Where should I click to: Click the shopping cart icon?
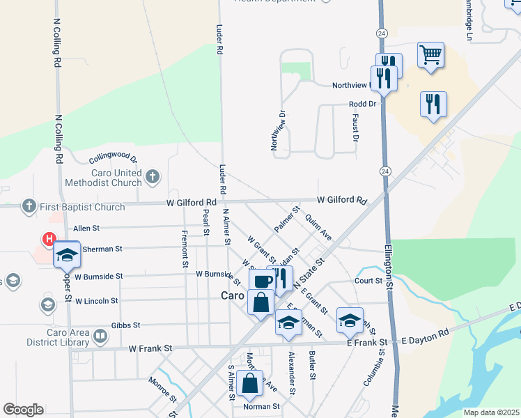pyautogui.click(x=431, y=54)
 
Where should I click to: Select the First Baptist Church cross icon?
pyautogui.click(x=29, y=206)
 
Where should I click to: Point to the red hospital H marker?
pyautogui.click(x=49, y=239)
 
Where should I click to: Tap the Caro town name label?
pyautogui.click(x=233, y=295)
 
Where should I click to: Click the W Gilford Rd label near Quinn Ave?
pyautogui.click(x=341, y=200)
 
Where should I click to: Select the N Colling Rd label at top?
pyautogui.click(x=58, y=42)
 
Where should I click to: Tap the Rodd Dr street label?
pyautogui.click(x=362, y=104)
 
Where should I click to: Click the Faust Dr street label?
pyautogui.click(x=355, y=129)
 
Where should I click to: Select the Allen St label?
pyautogui.click(x=86, y=228)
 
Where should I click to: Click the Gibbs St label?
pyautogui.click(x=126, y=325)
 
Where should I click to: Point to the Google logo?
pyautogui.click(x=23, y=410)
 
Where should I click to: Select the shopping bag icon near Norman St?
pyautogui.click(x=249, y=382)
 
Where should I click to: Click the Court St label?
pyautogui.click(x=368, y=281)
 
